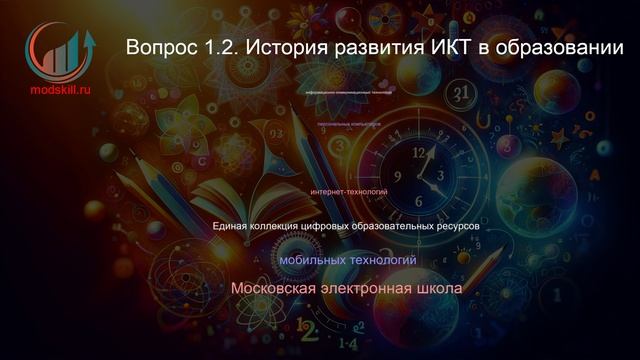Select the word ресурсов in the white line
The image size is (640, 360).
coord(457,227)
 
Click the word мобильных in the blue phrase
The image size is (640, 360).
coord(312,260)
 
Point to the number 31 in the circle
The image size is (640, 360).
coord(461,94)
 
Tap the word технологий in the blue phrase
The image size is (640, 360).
coord(385,260)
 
